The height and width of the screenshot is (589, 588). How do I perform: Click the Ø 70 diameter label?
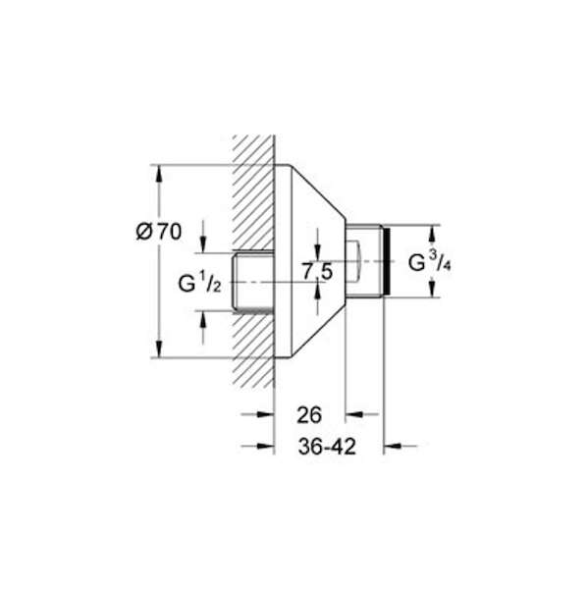point(159,232)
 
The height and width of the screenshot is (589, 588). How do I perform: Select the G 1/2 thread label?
point(199,283)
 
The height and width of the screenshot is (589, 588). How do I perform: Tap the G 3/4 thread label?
point(429,262)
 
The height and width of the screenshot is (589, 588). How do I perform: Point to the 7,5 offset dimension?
point(318,271)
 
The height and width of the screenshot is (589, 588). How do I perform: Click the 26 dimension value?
point(309,415)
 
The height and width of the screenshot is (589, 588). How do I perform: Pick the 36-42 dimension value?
point(327,447)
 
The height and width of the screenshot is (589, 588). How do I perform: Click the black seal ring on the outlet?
point(387,261)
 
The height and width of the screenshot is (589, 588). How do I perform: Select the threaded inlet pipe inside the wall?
point(253,283)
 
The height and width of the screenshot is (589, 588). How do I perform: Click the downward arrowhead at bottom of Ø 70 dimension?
point(159,348)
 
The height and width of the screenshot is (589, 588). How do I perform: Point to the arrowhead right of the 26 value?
point(354,414)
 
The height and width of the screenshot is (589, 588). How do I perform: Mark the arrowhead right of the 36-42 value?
point(393,446)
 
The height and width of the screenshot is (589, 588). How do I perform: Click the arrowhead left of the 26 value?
point(265,414)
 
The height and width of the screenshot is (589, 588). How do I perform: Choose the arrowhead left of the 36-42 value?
point(265,446)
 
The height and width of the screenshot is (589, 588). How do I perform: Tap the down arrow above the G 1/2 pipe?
point(203,243)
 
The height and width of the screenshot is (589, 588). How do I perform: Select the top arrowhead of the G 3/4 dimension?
point(432,234)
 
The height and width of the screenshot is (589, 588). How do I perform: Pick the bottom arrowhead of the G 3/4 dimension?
point(432,288)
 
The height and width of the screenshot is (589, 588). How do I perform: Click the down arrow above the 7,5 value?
point(318,252)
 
